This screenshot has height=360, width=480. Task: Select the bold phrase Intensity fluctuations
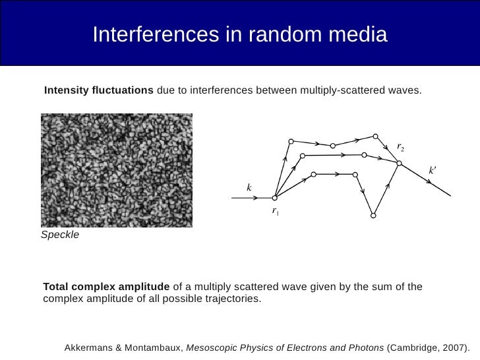pos(98,90)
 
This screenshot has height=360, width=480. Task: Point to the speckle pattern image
pos(117,170)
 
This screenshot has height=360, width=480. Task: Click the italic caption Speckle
pos(59,235)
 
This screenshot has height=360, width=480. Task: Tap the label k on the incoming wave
pos(249,188)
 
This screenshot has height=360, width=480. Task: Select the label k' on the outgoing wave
pos(433,170)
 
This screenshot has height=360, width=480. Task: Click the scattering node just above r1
pos(275,196)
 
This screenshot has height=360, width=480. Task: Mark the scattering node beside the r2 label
pos(399,163)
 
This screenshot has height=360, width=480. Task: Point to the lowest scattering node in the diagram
pos(373,215)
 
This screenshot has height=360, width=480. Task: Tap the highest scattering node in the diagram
pos(375,136)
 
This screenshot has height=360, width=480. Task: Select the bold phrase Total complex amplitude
pos(106,287)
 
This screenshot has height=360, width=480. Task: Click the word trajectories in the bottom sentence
pos(232,299)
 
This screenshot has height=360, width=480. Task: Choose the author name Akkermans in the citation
pos(89,347)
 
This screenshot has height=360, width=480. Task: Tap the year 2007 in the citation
pos(455,347)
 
